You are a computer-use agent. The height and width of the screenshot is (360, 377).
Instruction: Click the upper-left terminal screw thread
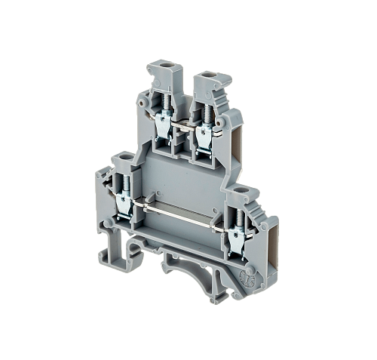164,110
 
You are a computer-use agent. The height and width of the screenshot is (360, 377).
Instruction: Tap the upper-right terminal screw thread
205,111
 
